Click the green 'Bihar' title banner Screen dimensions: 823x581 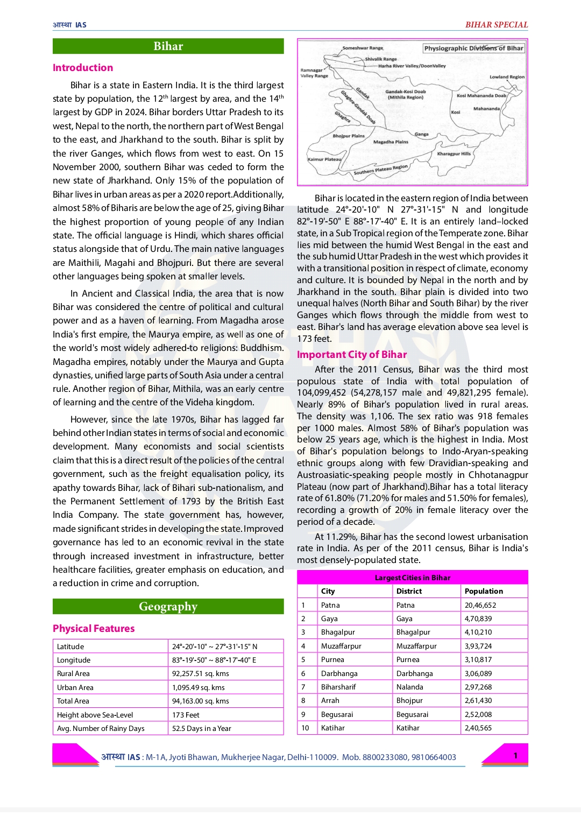[x=168, y=46]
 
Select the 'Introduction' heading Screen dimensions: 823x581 [x=83, y=68]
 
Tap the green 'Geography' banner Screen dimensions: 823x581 [x=168, y=607]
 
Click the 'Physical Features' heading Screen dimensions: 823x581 [x=94, y=629]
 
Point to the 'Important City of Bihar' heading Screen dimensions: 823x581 [x=352, y=355]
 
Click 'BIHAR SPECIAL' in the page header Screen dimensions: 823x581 [x=496, y=25]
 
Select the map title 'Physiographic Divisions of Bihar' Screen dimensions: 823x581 [x=473, y=48]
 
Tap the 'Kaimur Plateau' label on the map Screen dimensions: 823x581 [x=324, y=159]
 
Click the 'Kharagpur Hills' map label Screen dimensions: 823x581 [x=454, y=154]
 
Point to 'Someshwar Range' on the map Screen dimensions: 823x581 [x=363, y=48]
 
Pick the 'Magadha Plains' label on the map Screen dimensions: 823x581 [x=391, y=142]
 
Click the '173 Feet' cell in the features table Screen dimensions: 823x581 [x=186, y=715]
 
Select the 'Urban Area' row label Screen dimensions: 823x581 [x=75, y=687]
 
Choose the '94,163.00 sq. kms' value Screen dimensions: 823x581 [x=200, y=701]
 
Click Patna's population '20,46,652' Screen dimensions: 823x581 [x=480, y=605]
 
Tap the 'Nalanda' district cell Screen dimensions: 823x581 [x=409, y=687]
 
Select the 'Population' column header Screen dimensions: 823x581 [x=484, y=591]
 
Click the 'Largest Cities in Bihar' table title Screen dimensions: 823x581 [x=412, y=578]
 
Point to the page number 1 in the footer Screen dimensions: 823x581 [x=515, y=755]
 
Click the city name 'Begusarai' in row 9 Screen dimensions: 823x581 [x=337, y=714]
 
